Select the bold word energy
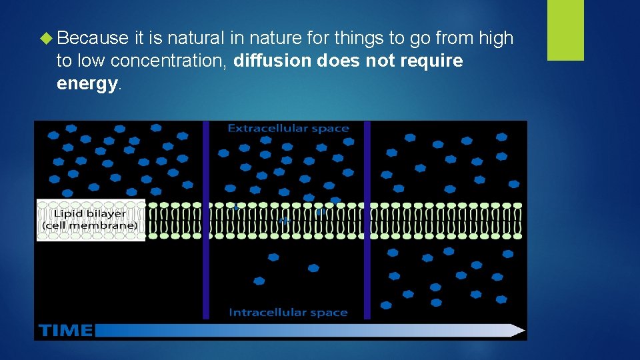pos(87,84)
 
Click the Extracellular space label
pos(288,128)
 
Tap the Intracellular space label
pos(288,312)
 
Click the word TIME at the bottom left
pos(65,330)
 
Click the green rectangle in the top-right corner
pos(565,30)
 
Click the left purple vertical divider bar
pos(206,220)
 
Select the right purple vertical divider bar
pos(367,220)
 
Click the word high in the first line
pos(496,39)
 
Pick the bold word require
pos(432,61)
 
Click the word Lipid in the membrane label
pos(68,214)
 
